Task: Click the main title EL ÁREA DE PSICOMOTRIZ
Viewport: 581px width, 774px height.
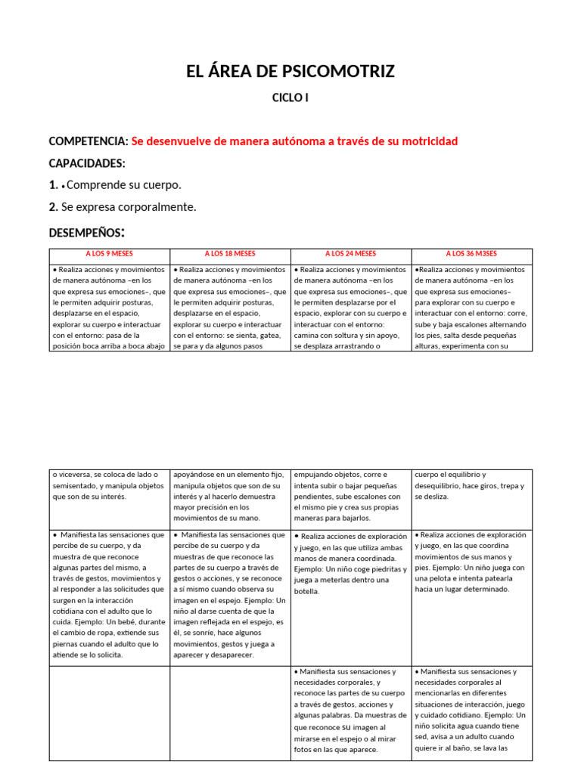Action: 290,72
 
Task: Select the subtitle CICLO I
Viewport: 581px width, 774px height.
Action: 290,98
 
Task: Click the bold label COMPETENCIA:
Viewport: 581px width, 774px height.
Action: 89,141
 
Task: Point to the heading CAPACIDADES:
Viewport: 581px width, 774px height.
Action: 87,163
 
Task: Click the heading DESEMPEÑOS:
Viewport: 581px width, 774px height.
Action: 87,232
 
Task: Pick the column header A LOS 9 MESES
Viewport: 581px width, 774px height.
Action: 109,254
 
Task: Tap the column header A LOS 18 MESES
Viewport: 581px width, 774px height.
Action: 230,254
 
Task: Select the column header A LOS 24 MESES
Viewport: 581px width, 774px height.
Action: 350,254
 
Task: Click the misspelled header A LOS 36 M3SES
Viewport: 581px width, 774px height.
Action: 472,254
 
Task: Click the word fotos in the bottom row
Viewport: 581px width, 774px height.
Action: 304,750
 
